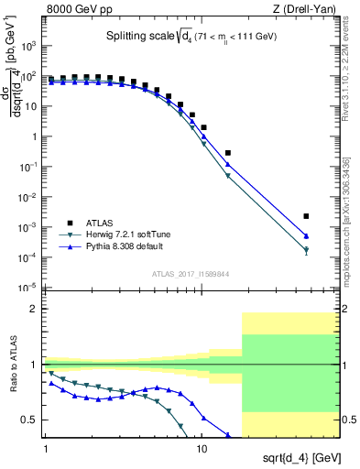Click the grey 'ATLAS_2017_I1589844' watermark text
pyautogui.click(x=191, y=272)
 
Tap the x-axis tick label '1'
pyautogui.click(x=46, y=448)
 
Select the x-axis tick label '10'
pyautogui.click(x=202, y=448)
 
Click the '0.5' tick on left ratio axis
pyautogui.click(x=33, y=420)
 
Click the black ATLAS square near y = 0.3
pyautogui.click(x=228, y=153)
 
